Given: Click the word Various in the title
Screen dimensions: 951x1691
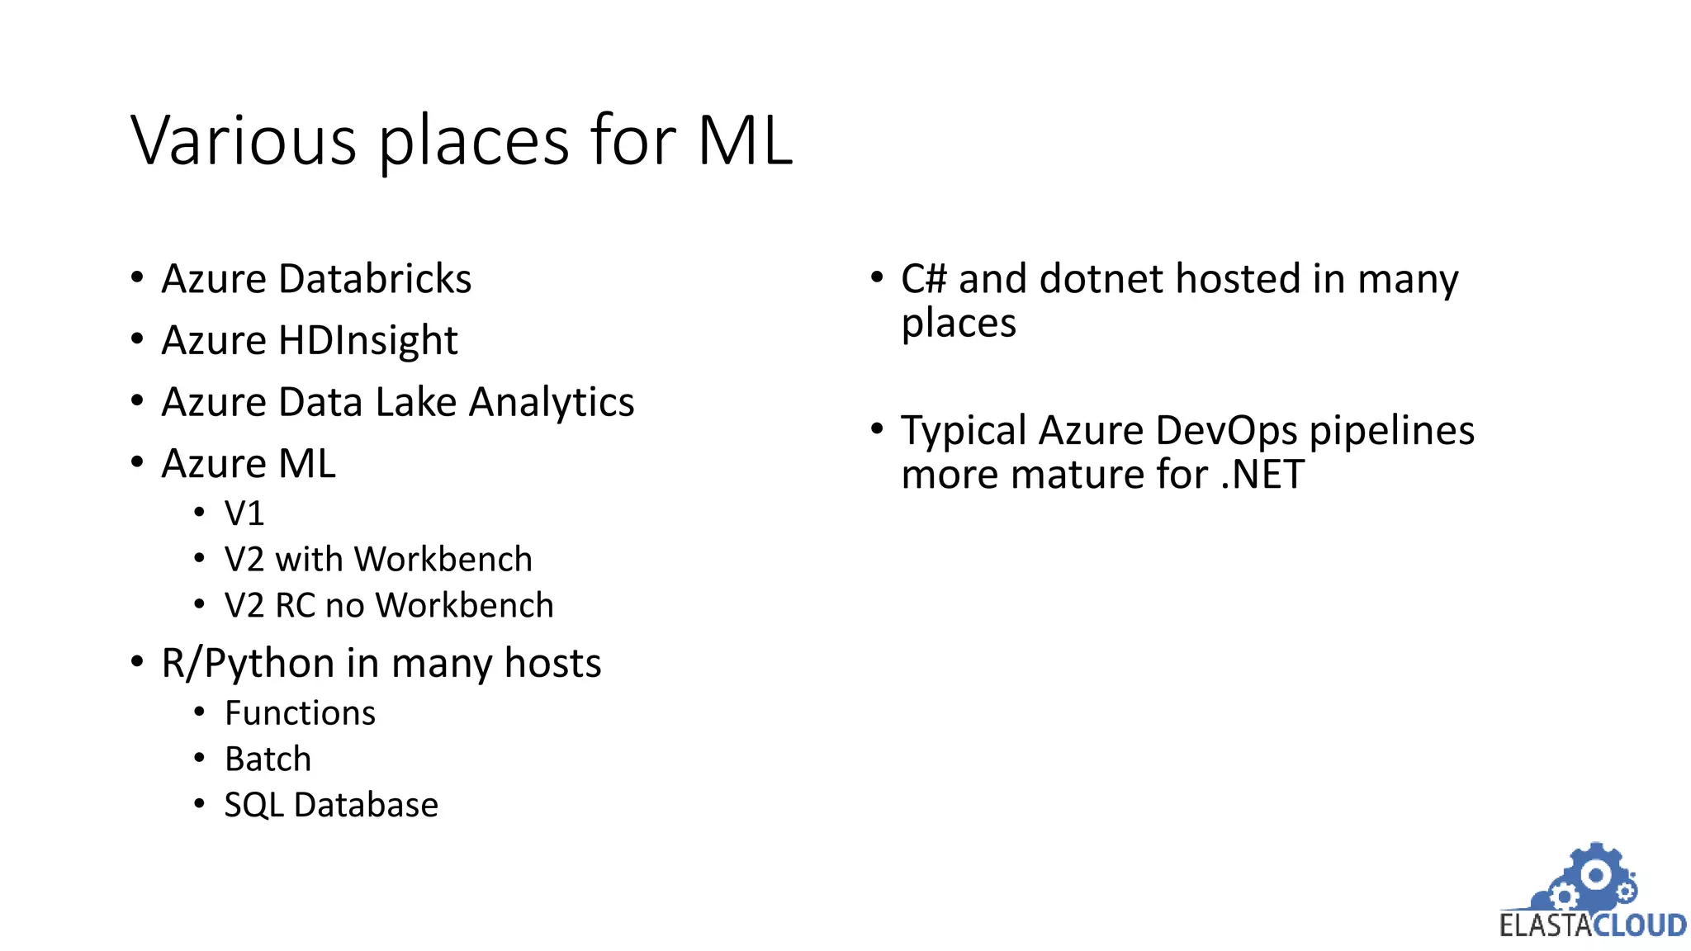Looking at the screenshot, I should coord(244,140).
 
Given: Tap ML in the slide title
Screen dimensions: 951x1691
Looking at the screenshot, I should coord(745,140).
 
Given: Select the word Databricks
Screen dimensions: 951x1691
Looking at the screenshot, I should coord(375,279).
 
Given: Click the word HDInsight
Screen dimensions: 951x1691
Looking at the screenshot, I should coord(367,341).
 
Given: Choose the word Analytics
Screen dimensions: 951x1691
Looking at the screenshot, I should coord(552,403).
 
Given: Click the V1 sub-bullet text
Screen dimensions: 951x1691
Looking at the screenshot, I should coord(244,513).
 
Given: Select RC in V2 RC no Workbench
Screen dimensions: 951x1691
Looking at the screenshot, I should coord(296,606).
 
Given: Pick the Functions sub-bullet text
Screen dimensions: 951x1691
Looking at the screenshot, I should coord(300,713).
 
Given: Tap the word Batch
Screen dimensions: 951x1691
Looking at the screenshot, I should coord(268,759).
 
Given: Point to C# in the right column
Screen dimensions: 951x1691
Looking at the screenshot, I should coord(923,279).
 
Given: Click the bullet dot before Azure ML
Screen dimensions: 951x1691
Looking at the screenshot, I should coord(138,462).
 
